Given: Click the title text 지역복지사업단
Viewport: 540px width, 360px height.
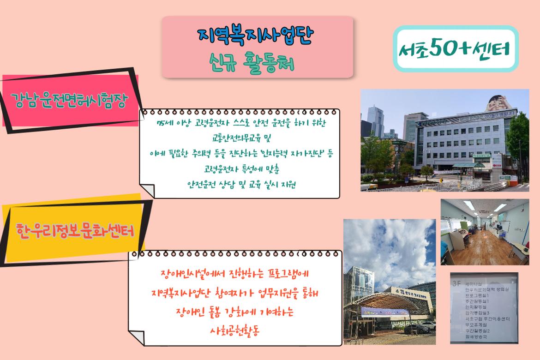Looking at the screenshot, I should click(x=257, y=34).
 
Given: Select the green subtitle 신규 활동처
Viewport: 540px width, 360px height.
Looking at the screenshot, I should click(x=257, y=62).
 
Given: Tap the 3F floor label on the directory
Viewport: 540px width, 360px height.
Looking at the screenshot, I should click(x=457, y=280).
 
